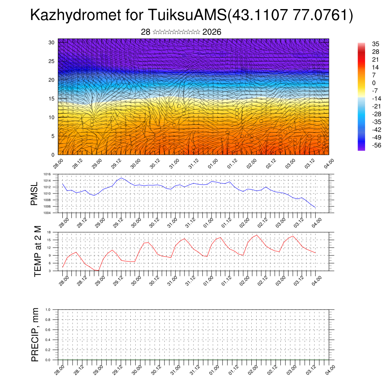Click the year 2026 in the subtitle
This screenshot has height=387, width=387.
pyautogui.click(x=212, y=32)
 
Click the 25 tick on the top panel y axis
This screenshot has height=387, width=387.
pyautogui.click(x=52, y=61)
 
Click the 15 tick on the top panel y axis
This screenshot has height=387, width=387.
pyautogui.click(x=52, y=99)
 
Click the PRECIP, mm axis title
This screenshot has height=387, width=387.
pyautogui.click(x=35, y=334)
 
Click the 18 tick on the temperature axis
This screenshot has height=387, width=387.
pyautogui.click(x=50, y=232)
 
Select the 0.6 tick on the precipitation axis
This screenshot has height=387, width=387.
pyautogui.click(x=48, y=330)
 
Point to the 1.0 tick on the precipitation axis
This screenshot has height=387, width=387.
pyautogui.click(x=48, y=310)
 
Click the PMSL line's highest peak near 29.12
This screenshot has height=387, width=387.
pyautogui.click(x=121, y=178)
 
